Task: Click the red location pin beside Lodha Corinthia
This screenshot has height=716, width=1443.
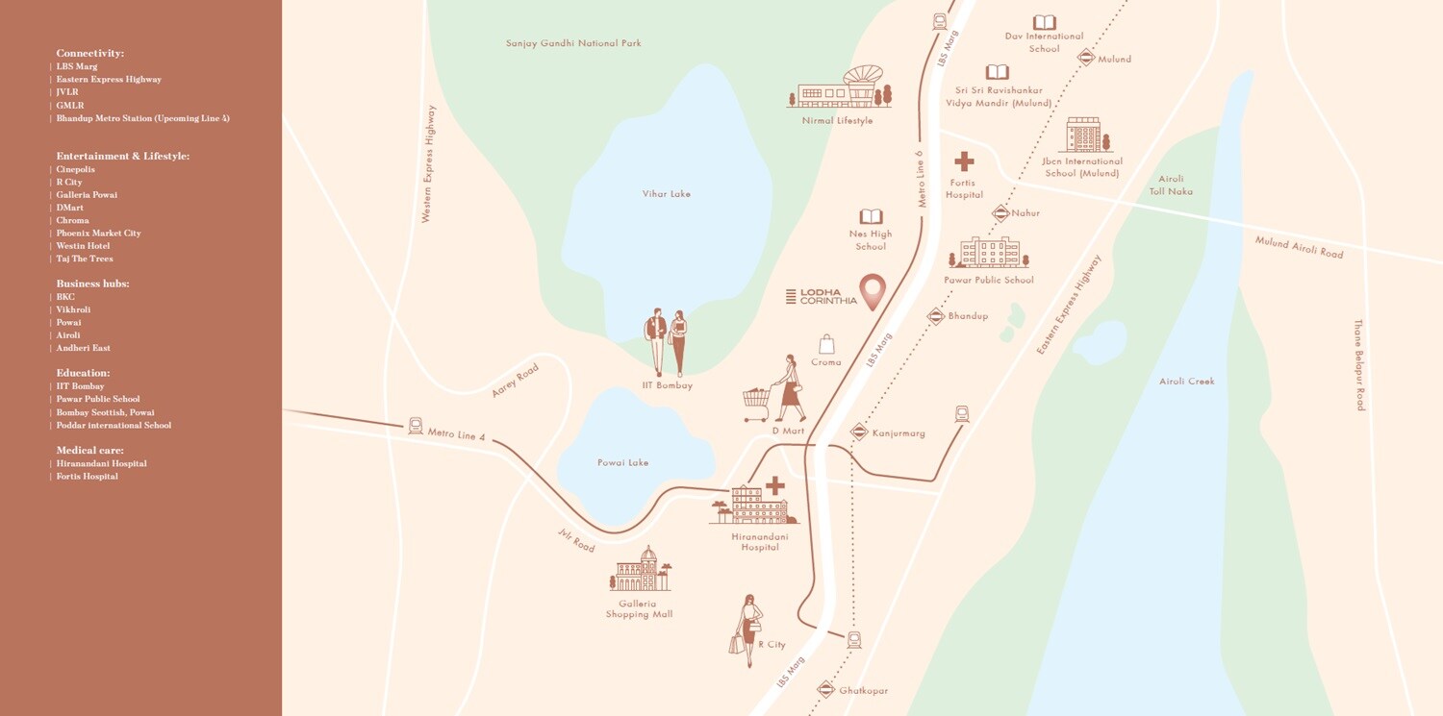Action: pyautogui.click(x=873, y=290)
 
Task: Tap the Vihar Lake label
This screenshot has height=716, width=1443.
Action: pyautogui.click(x=667, y=194)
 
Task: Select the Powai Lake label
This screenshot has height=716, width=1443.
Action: pyautogui.click(x=622, y=463)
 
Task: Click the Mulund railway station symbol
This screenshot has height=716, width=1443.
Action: pyautogui.click(x=1086, y=58)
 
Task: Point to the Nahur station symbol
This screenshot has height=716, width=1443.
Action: pyautogui.click(x=1000, y=213)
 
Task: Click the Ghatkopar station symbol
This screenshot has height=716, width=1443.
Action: pyautogui.click(x=825, y=689)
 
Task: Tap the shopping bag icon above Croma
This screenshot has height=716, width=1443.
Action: pyautogui.click(x=826, y=344)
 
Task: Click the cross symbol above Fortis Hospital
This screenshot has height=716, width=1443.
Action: pyautogui.click(x=964, y=161)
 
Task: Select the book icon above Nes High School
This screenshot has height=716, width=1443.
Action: pyautogui.click(x=871, y=217)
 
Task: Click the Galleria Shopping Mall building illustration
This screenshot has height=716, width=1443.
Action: pyautogui.click(x=640, y=571)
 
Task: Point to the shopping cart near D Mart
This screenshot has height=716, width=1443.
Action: pyautogui.click(x=757, y=404)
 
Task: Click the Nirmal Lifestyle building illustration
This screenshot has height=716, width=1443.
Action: pyautogui.click(x=840, y=88)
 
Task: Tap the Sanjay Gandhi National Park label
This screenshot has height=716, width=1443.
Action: pyautogui.click(x=573, y=43)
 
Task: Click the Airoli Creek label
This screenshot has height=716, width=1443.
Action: pyautogui.click(x=1187, y=382)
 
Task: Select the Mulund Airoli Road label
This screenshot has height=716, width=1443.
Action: pyautogui.click(x=1299, y=247)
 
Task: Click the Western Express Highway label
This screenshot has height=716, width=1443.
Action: pyautogui.click(x=429, y=164)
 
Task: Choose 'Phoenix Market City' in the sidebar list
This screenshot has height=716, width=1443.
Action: pyautogui.click(x=98, y=234)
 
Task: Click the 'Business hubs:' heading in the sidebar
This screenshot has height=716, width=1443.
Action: pyautogui.click(x=92, y=284)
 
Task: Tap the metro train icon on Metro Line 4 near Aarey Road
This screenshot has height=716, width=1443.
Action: pyautogui.click(x=416, y=425)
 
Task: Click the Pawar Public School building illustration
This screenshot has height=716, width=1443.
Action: pyautogui.click(x=989, y=253)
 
